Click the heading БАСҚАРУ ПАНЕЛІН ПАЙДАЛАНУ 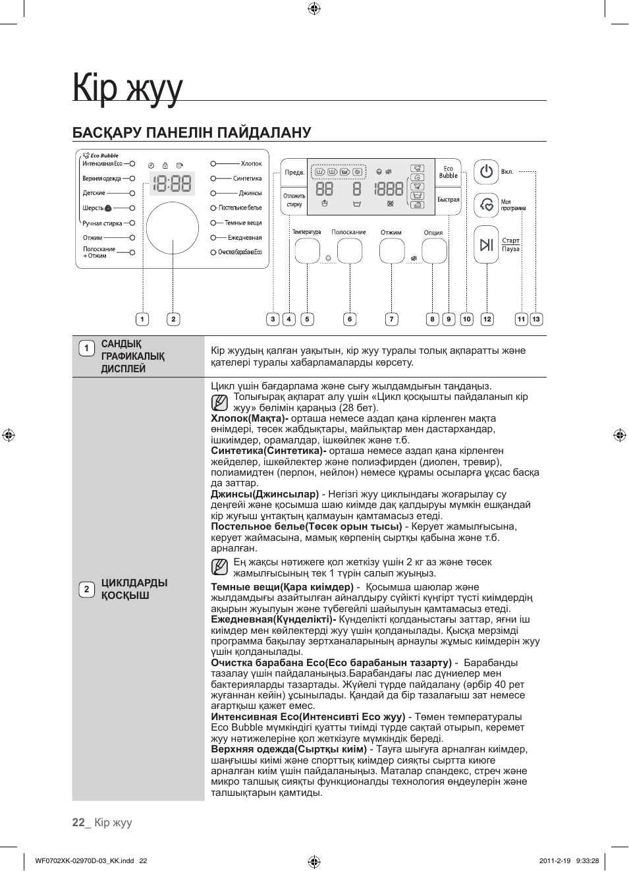tap(192, 132)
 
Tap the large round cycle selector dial tap(173, 229)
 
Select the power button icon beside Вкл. tap(486, 172)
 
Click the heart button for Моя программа tap(486, 205)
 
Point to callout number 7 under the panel tap(391, 320)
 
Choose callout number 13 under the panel tap(536, 320)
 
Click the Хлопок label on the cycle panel tap(251, 163)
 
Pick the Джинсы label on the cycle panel tap(250, 193)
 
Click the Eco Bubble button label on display tap(448, 173)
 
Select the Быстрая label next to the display tap(448, 200)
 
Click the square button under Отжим tap(392, 251)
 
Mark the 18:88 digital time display tap(172, 184)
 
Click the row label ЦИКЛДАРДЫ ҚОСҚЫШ tap(134, 589)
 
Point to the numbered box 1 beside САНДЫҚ tap(86, 349)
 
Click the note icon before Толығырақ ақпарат tap(219, 403)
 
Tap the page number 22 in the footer tap(79, 822)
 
